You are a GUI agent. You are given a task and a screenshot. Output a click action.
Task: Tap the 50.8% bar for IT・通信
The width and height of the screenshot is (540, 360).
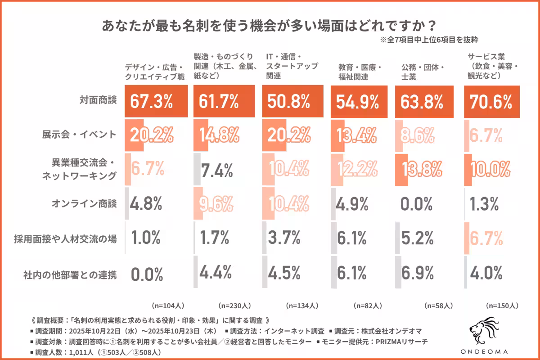click(x=292, y=102)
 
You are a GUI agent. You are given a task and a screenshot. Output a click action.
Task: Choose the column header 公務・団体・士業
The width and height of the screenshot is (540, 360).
click(x=423, y=72)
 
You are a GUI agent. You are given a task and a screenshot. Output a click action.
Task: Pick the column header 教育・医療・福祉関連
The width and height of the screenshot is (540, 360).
click(x=360, y=72)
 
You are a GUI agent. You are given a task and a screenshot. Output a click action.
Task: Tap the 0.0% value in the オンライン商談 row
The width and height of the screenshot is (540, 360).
click(x=416, y=205)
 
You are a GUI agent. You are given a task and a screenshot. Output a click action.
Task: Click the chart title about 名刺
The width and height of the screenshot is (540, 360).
click(x=270, y=24)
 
